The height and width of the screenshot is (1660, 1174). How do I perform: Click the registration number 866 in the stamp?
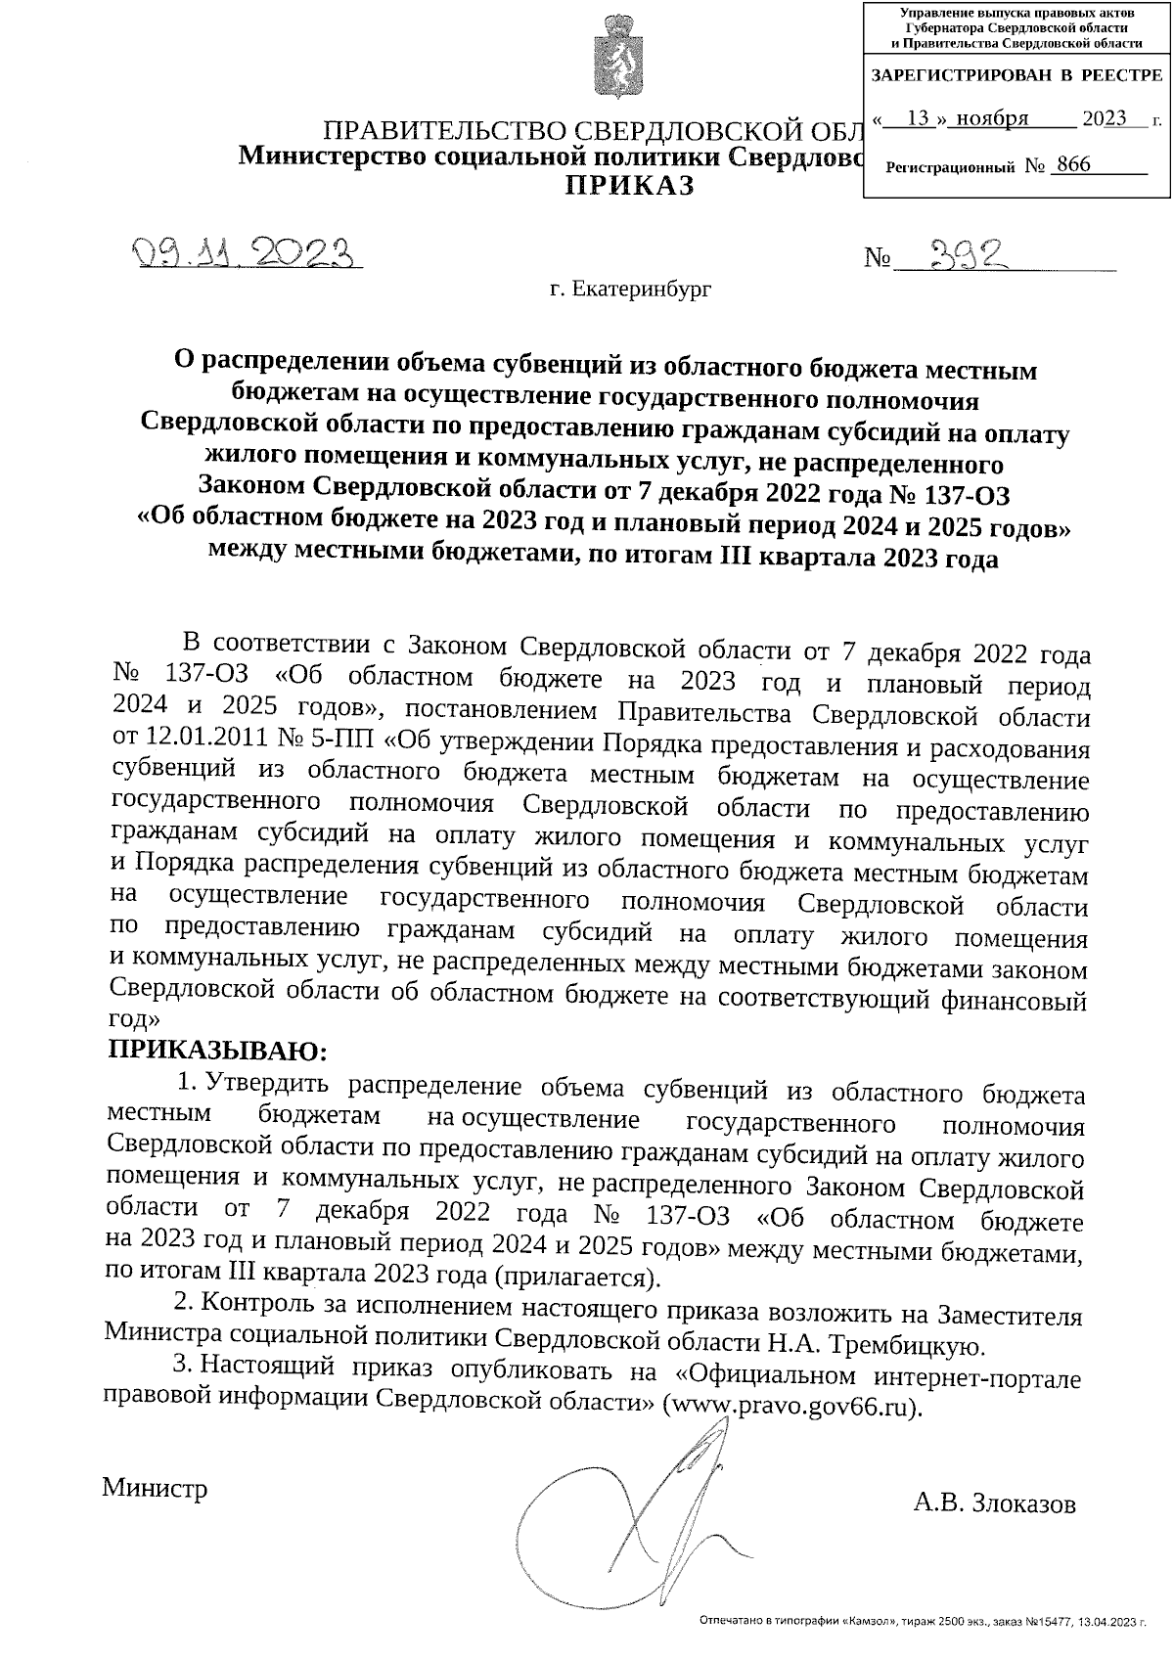[1072, 165]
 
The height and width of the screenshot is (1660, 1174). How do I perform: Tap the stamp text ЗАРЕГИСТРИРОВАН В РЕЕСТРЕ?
[1016, 75]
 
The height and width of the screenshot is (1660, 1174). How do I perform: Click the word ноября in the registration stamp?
[992, 118]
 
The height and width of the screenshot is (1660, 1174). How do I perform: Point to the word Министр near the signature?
[155, 1488]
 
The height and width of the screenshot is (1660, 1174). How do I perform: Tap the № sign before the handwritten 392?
[878, 259]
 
